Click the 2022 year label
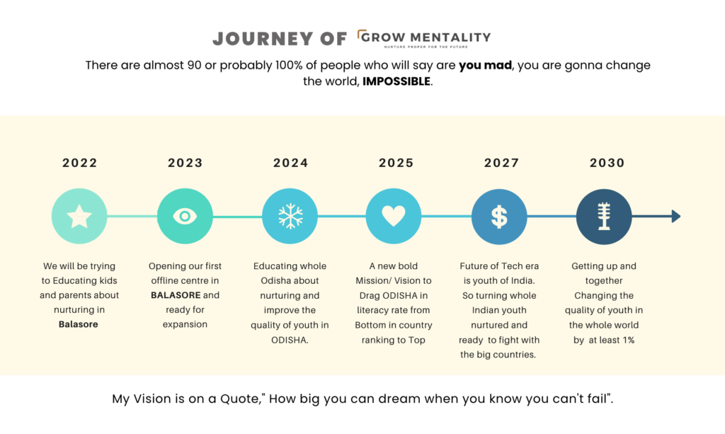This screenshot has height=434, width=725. [x=79, y=163]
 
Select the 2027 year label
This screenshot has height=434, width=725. [x=502, y=163]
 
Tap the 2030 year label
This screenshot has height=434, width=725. [x=607, y=163]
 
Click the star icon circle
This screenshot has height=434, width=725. [x=79, y=217]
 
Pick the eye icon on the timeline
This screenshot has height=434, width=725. [x=185, y=217]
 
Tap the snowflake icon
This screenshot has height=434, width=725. [x=290, y=217]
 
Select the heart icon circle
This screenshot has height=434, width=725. [x=394, y=217]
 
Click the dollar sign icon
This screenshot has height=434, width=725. [x=499, y=217]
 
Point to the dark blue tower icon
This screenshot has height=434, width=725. [x=604, y=217]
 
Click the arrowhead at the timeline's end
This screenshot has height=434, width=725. [x=676, y=217]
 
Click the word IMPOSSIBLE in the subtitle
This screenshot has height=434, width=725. [x=396, y=82]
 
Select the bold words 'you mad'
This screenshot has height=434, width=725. [x=485, y=66]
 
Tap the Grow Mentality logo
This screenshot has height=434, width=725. [x=424, y=39]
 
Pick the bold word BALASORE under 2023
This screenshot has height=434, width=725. [x=176, y=295]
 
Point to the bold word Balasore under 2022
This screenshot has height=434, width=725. [x=78, y=324]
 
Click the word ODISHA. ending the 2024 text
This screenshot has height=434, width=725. [x=290, y=340]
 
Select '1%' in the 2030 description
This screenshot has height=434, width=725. [x=629, y=340]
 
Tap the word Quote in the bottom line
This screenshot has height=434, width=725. [x=241, y=399]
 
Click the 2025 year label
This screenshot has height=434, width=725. [x=396, y=163]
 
